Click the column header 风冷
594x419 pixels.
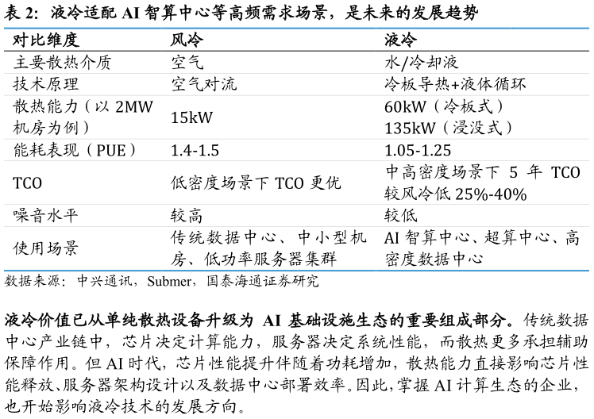pos(187,40)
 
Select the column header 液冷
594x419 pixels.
pos(401,40)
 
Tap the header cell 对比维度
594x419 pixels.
pos(46,40)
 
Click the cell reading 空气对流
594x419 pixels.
pos(204,84)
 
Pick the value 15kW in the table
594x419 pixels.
pos(191,117)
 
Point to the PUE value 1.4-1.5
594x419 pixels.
pos(195,151)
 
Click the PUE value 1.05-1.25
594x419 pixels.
pos(418,151)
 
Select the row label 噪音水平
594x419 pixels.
pos(45,216)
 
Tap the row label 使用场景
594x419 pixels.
pos(45,248)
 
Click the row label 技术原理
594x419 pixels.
pos(45,84)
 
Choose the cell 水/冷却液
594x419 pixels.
pos(421,63)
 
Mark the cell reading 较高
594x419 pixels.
pos(187,216)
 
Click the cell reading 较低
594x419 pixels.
pos(401,216)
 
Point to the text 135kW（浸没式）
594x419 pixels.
pos(449,128)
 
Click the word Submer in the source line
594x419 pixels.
pos(169,281)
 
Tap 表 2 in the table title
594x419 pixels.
pos(19,13)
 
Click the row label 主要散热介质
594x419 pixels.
pos(62,63)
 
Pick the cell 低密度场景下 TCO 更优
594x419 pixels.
pos(256,183)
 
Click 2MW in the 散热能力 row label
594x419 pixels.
pos(134,107)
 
